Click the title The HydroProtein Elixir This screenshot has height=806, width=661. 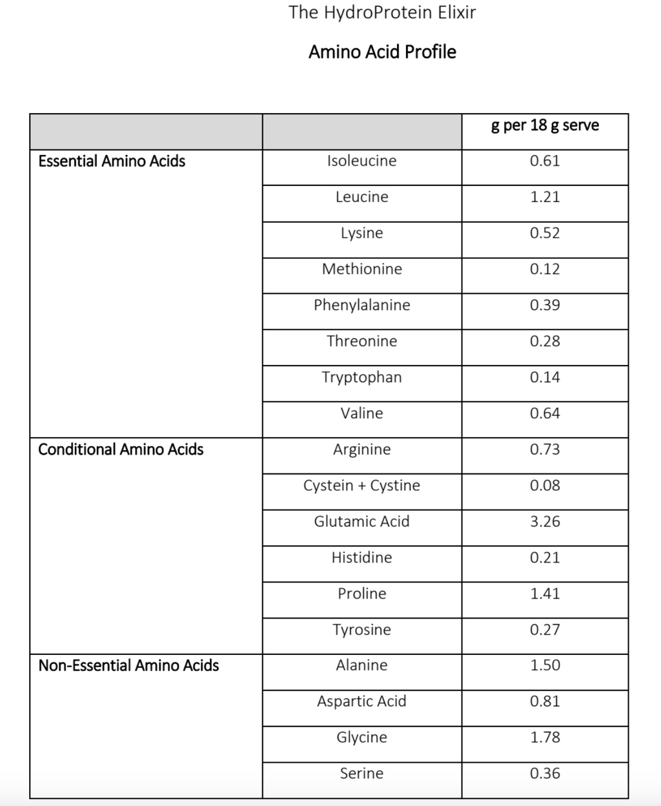pyautogui.click(x=382, y=12)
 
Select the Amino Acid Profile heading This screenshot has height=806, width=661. pyautogui.click(x=382, y=52)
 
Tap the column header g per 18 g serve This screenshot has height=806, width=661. pyautogui.click(x=545, y=125)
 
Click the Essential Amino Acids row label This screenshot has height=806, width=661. pyautogui.click(x=112, y=161)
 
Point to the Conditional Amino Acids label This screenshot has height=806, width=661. pyautogui.click(x=121, y=449)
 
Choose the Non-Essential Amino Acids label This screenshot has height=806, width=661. pyautogui.click(x=128, y=666)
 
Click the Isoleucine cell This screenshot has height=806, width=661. pyautogui.click(x=361, y=161)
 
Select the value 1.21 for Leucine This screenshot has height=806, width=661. pyautogui.click(x=545, y=197)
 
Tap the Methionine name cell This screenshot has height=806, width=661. pyautogui.click(x=361, y=269)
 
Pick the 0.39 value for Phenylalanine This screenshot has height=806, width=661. pyautogui.click(x=545, y=305)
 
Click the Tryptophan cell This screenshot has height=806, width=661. pyautogui.click(x=361, y=377)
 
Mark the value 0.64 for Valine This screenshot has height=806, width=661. pyautogui.click(x=545, y=413)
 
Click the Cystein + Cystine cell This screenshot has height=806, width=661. pyautogui.click(x=361, y=486)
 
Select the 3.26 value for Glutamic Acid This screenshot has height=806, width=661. pyautogui.click(x=545, y=522)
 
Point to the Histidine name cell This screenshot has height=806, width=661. pyautogui.click(x=361, y=557)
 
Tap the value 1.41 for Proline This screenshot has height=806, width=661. pyautogui.click(x=545, y=594)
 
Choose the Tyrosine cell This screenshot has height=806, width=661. pyautogui.click(x=361, y=630)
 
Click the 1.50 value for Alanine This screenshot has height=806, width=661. pyautogui.click(x=545, y=666)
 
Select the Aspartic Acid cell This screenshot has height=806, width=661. pyautogui.click(x=361, y=701)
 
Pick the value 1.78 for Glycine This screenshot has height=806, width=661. pyautogui.click(x=545, y=738)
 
